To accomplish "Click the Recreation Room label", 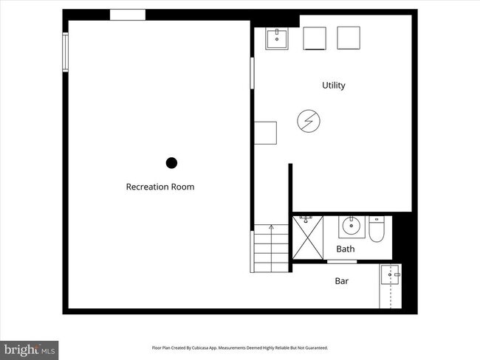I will coord(160,187).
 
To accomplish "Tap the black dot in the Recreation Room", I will coord(171,163).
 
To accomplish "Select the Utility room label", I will coord(333,86).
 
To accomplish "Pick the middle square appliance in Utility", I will coord(315,38).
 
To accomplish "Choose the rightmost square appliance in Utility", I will coord(348,38).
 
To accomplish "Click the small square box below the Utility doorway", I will coord(265,133).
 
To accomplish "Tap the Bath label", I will coord(345,249).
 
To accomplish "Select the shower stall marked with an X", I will coord(309,238).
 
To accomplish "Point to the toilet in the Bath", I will coord(377,229).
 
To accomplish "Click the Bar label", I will coord(342,281).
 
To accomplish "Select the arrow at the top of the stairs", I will coord(271,229).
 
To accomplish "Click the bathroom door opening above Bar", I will coord(337,261).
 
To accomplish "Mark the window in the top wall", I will coord(128,15).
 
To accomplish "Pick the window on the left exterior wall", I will coord(65,52).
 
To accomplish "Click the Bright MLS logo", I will coord(30,348).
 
